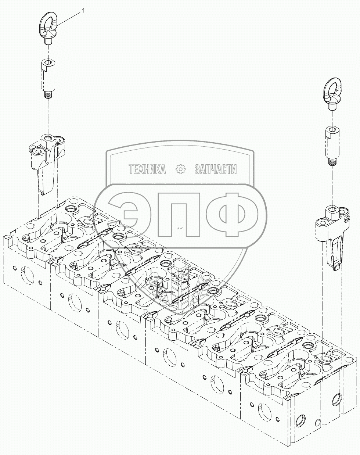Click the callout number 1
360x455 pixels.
pos(83,11)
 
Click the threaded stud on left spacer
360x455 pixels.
pos(48,94)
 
